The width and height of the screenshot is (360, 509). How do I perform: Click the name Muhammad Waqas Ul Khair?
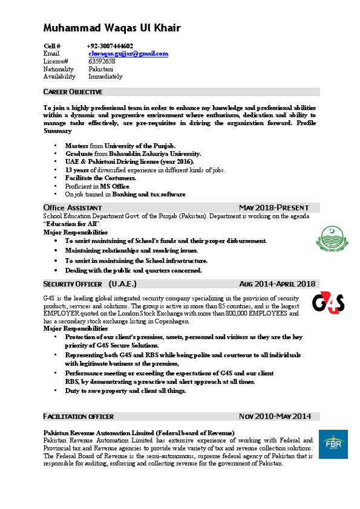point(112,28)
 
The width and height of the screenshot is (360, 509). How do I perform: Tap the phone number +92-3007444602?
point(111,46)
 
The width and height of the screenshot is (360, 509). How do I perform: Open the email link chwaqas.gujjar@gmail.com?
point(128,54)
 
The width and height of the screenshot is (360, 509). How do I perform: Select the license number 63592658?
point(102,62)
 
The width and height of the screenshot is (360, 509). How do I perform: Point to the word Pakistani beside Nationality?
point(101,70)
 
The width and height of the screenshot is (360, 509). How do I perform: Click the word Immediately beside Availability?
point(105,77)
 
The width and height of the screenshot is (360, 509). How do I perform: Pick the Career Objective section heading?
point(73,92)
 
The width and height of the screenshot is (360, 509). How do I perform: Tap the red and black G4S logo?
point(328,302)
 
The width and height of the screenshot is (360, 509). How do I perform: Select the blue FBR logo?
point(333,446)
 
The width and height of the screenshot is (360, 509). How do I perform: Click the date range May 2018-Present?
point(273,207)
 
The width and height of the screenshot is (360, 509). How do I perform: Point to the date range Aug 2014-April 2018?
point(277,284)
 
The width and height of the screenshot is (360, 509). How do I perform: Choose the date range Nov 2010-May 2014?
point(275,416)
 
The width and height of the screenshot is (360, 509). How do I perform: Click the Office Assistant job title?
point(68,207)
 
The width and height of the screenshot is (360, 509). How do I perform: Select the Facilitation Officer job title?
point(78,417)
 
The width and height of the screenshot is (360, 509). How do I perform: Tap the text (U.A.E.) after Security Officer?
point(122,284)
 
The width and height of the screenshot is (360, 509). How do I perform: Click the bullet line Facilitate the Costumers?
point(100,178)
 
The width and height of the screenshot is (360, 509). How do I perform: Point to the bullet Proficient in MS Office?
point(97,186)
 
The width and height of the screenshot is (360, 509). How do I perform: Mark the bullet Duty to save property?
point(125,391)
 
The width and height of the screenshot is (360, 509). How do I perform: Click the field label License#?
point(56,62)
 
